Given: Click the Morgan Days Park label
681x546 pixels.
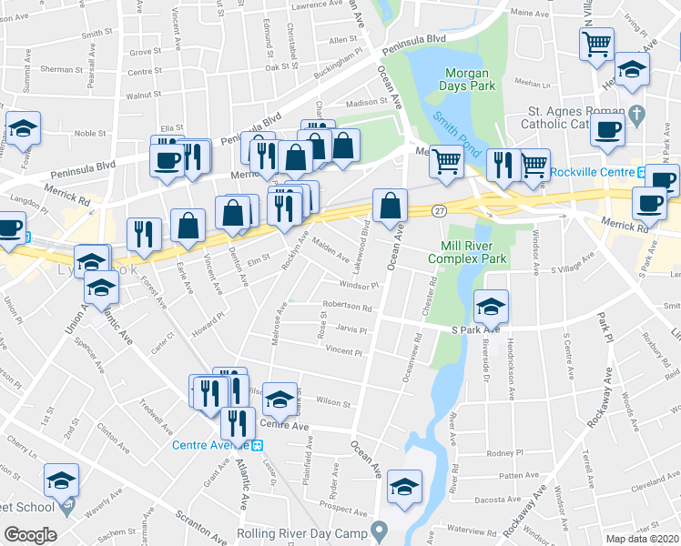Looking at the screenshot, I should (x=467, y=79).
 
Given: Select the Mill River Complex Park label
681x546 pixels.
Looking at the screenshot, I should (x=473, y=252).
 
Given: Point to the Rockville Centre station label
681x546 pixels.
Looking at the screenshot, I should (x=591, y=172).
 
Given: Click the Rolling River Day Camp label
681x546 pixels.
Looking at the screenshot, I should (x=300, y=533).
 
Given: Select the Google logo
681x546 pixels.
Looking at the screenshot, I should (x=30, y=535).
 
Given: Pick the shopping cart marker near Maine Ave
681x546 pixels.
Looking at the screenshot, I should (x=596, y=44).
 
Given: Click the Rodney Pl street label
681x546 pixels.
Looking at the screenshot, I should (x=501, y=453).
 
